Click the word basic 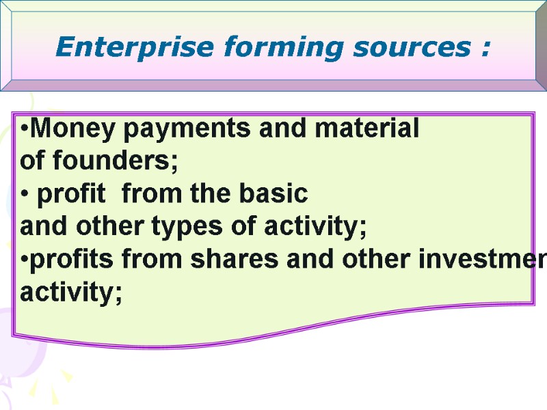tap(275, 195)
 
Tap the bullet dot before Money tap(25, 129)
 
